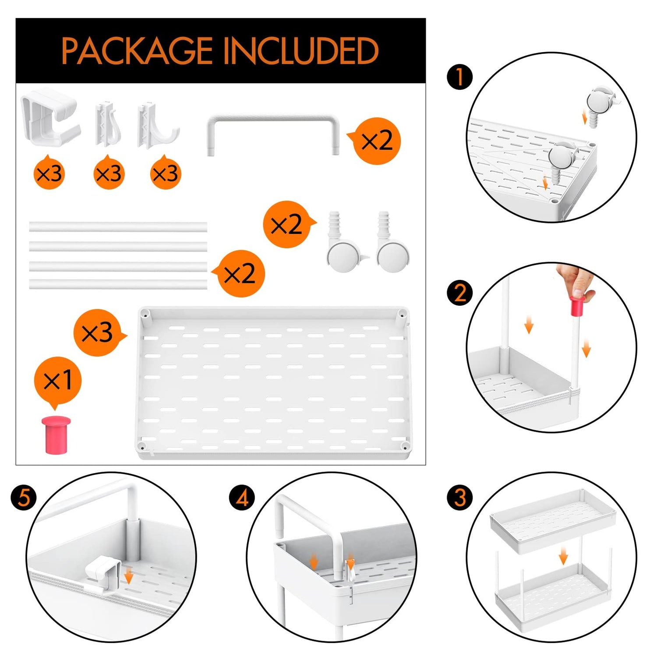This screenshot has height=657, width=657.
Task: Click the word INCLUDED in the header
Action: (301, 51)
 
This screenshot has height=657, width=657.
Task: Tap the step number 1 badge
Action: (459, 77)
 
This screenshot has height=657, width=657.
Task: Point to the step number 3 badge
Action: (459, 498)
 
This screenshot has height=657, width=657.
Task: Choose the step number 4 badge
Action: (242, 498)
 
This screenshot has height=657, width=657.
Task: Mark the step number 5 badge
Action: (24, 498)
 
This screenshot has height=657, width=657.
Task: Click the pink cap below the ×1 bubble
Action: (56, 434)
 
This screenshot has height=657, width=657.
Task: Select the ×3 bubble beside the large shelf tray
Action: (98, 333)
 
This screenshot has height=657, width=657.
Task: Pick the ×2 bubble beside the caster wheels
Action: (287, 225)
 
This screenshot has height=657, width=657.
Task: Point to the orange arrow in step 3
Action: (563, 558)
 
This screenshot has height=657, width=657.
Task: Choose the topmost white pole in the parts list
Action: (118, 227)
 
